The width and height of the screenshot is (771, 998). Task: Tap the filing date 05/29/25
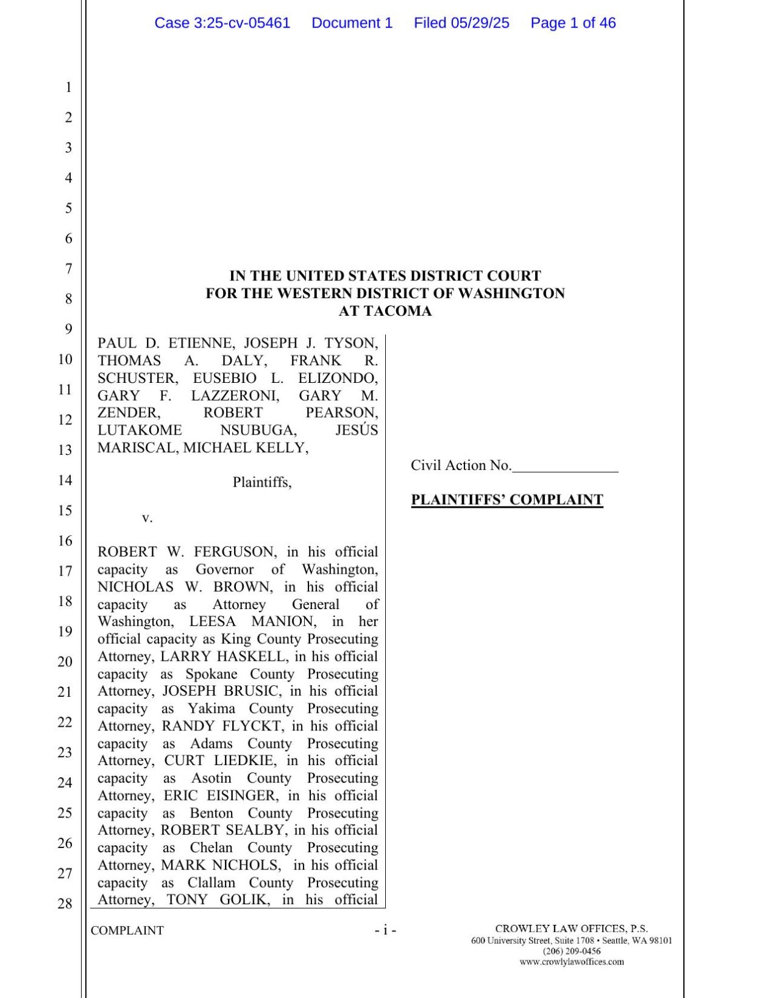(480, 23)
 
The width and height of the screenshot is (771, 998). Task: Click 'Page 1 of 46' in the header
(572, 23)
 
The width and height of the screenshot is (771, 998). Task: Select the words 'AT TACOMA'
(385, 311)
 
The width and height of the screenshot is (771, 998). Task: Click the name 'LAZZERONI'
(235, 396)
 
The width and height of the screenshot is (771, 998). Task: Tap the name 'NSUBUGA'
(258, 430)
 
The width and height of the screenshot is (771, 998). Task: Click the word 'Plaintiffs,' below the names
(262, 482)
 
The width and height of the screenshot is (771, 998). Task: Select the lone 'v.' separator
(147, 518)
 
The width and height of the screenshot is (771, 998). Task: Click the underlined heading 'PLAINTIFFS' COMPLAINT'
(506, 500)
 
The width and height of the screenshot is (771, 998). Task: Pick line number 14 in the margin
(65, 480)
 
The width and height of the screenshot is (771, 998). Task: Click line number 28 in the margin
(65, 904)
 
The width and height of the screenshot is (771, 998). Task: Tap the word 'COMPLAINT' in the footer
(127, 930)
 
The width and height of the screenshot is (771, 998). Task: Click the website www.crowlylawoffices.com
(571, 961)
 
